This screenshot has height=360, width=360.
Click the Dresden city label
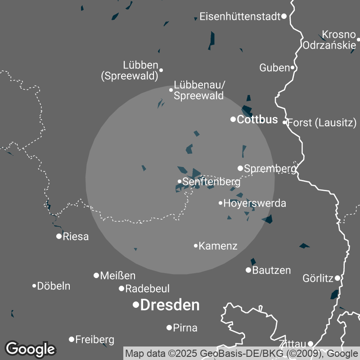tap(170, 305)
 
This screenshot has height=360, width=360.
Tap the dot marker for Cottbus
tap(233, 119)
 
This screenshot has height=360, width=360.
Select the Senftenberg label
tap(211, 182)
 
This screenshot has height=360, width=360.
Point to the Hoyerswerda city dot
tap(220, 203)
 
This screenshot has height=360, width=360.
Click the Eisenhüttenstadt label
tap(240, 17)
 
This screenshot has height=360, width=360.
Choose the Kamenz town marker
tap(196, 246)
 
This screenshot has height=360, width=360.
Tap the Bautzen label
tap(271, 270)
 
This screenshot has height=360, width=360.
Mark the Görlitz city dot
tap(337, 278)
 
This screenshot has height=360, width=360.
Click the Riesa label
tap(76, 237)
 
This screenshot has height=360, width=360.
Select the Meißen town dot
tap(96, 275)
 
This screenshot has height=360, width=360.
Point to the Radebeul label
tap(147, 288)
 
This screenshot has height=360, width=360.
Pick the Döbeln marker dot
tap(34, 286)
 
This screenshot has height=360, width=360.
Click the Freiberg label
tap(94, 339)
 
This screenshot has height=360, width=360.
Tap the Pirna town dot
tap(169, 328)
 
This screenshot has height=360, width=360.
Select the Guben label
tap(274, 68)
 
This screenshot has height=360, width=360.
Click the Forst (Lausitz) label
tap(321, 122)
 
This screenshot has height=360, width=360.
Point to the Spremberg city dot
tap(240, 168)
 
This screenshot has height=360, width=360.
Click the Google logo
tap(30, 349)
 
